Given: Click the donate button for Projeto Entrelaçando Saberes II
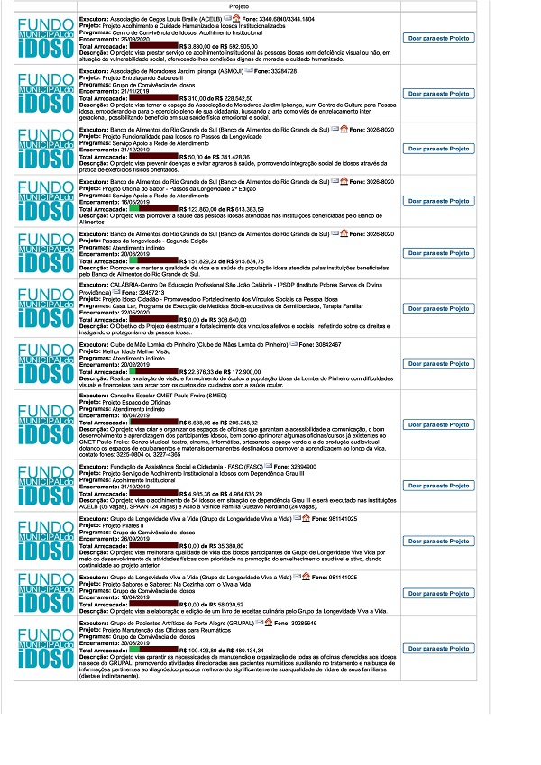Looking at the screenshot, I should (x=439, y=93).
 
